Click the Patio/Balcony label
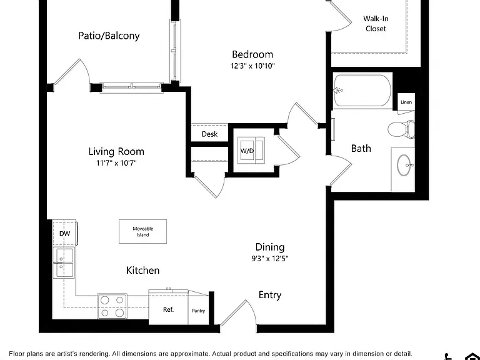(109, 36)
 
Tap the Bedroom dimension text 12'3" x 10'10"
(252, 66)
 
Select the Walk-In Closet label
(376, 24)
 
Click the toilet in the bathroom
(401, 129)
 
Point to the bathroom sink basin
(406, 165)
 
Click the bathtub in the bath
(362, 91)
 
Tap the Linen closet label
(406, 102)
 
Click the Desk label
(210, 134)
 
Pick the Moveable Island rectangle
(142, 231)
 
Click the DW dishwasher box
(64, 233)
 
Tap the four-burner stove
(112, 306)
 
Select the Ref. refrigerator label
(168, 309)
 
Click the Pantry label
(198, 311)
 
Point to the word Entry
(270, 295)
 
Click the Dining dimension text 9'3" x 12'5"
(270, 259)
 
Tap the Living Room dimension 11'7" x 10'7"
(116, 163)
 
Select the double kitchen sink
(64, 262)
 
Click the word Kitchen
(142, 270)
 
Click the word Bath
(361, 149)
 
